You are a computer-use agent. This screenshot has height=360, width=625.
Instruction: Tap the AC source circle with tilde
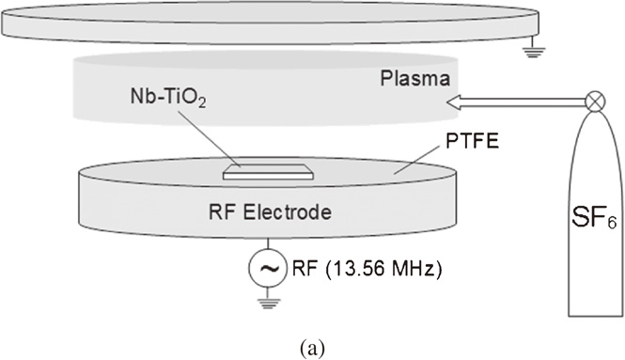266,270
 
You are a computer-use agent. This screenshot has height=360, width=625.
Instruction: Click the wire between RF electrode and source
266,244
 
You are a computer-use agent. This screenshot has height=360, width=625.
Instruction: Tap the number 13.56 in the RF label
360,270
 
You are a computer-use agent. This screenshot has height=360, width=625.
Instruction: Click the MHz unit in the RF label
411,270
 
